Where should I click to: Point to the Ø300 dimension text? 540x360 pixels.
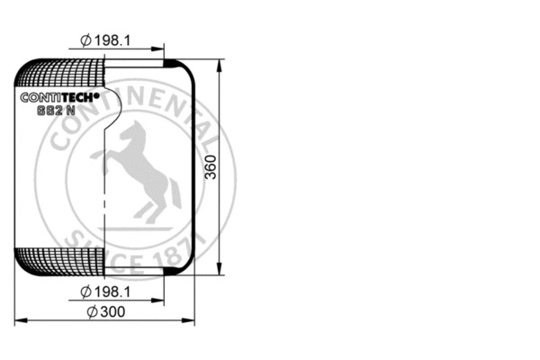[x=106, y=311]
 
